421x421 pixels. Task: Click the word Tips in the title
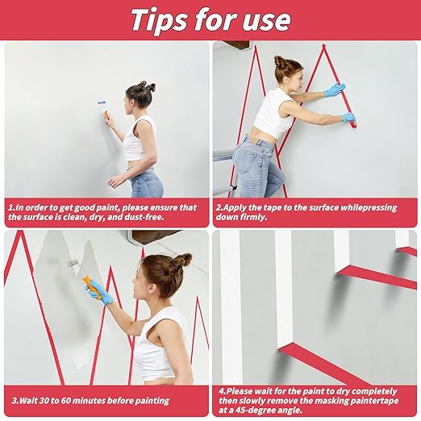pyautogui.click(x=159, y=21)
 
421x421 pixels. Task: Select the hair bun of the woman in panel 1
pyautogui.click(x=147, y=85)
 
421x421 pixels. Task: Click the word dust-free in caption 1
pyautogui.click(x=144, y=217)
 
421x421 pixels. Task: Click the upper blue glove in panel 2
pyautogui.click(x=335, y=90)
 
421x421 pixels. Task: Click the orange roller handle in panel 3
pyautogui.click(x=93, y=288)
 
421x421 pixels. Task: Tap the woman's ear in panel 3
pyautogui.click(x=153, y=289)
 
